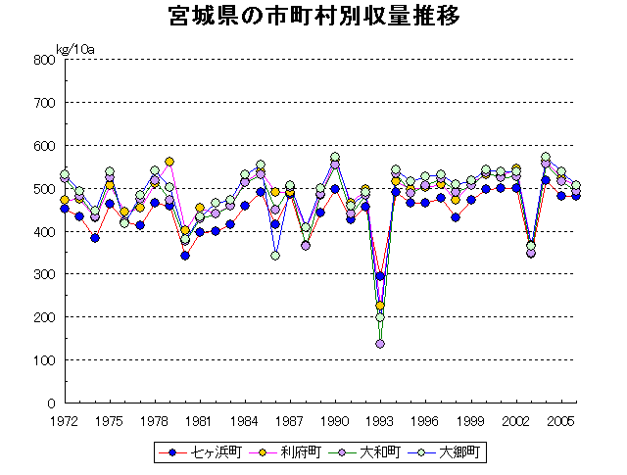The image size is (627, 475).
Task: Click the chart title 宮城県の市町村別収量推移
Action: click(x=313, y=17)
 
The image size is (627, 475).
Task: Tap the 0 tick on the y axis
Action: click(x=49, y=404)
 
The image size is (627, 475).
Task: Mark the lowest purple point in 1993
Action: click(x=380, y=344)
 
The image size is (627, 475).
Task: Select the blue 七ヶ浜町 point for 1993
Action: click(x=380, y=277)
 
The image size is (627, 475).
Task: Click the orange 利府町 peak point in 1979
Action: click(x=169, y=162)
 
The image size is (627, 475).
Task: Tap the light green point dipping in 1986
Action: click(x=275, y=256)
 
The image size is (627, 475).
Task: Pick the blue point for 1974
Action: click(x=95, y=238)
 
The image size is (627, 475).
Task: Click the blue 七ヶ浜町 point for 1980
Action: click(x=185, y=256)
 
